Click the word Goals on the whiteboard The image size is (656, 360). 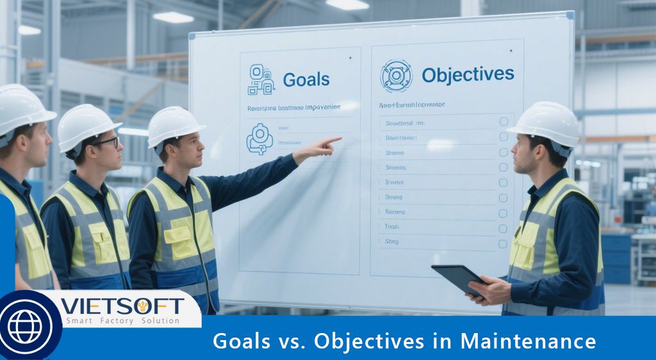(306, 79)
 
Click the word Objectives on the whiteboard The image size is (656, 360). (468, 74)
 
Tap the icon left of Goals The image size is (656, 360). (261, 79)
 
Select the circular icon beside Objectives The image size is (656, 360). (397, 76)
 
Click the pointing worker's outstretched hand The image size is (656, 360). (324, 147)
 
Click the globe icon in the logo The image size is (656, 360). (25, 327)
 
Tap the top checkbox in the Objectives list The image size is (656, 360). (504, 122)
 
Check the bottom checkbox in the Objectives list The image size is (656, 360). (503, 243)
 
